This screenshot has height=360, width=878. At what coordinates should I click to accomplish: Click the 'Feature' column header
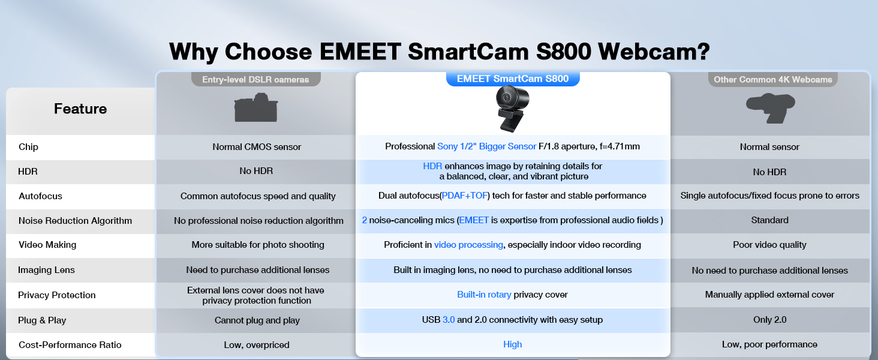[80, 109]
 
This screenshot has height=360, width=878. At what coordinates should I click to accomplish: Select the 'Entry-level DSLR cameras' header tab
[255, 79]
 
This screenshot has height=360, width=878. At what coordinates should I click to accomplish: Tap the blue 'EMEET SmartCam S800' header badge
[513, 79]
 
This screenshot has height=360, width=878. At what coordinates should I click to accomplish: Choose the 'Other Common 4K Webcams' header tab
[772, 79]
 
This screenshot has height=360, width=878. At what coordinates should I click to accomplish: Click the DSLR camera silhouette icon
[256, 107]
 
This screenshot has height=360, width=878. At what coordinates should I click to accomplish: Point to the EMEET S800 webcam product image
[512, 109]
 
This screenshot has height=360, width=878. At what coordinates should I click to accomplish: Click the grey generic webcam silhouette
[771, 108]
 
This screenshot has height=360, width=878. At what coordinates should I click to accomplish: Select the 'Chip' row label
[28, 146]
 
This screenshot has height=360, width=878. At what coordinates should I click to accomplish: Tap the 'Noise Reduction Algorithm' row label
[75, 220]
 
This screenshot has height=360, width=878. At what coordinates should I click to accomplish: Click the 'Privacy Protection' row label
[57, 295]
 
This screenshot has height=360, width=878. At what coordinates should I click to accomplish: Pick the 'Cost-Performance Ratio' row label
[70, 345]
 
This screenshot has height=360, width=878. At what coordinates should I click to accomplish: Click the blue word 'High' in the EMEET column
[513, 344]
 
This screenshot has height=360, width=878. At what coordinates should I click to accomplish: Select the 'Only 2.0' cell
[770, 320]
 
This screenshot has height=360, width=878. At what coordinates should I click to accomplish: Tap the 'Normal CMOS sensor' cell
[257, 146]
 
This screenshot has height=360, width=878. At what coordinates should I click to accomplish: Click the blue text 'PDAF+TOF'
[465, 196]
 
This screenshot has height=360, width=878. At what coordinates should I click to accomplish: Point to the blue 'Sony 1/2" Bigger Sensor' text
[486, 146]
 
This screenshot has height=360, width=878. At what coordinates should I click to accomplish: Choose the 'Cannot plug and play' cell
[257, 320]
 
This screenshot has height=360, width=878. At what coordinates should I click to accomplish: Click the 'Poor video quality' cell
[770, 245]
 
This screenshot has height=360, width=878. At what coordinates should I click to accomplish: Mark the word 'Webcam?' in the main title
[654, 52]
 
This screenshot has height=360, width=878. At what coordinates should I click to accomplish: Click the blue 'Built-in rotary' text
[484, 295]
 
